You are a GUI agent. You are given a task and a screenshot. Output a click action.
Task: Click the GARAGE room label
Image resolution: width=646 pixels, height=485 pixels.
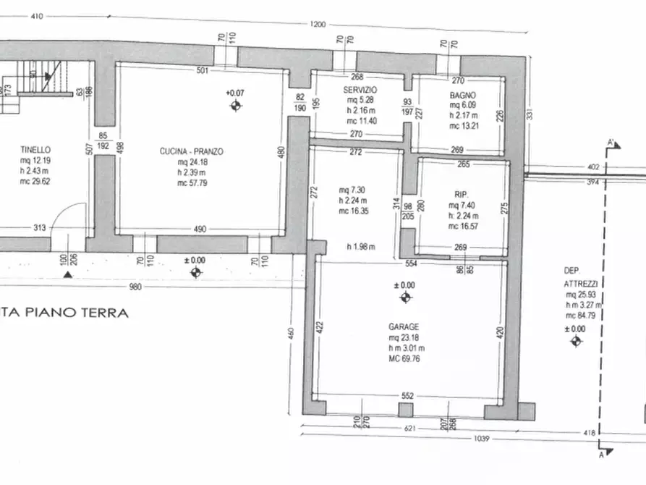[x=403, y=326]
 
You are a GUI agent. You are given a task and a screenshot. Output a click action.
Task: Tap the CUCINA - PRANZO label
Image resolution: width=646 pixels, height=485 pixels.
[x=192, y=152]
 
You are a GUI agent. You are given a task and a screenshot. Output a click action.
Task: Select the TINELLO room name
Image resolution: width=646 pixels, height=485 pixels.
[x=35, y=150]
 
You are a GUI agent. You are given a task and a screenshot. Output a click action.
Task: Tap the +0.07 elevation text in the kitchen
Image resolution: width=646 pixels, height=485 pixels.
[x=234, y=93]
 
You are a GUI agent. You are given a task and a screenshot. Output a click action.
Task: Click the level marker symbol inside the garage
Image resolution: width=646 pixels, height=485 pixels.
[x=405, y=298]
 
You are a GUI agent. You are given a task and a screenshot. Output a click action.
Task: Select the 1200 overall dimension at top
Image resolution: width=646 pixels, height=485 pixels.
[x=318, y=25]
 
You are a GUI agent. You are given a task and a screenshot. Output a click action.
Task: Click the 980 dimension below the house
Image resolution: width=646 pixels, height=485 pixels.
[x=135, y=287]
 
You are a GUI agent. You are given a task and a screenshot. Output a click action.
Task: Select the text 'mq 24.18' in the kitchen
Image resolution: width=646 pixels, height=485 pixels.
[x=192, y=163]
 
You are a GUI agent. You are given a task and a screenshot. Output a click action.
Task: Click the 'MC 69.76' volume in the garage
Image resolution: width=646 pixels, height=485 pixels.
[x=404, y=358]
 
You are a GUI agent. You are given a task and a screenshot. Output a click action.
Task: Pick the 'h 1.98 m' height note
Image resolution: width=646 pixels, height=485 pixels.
[x=360, y=246]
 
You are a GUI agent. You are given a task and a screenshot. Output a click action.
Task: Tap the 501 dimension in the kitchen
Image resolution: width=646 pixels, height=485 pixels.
[x=202, y=70]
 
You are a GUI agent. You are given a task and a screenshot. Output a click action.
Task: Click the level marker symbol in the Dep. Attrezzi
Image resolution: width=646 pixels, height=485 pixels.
[x=576, y=341]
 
